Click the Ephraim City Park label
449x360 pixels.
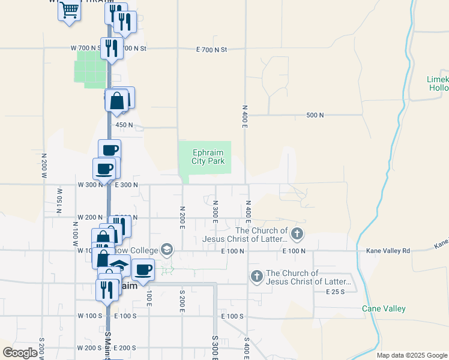pyautogui.click(x=208, y=157)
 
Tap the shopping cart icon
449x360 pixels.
pyautogui.click(x=70, y=10)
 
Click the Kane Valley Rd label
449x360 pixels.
pyautogui.click(x=389, y=250)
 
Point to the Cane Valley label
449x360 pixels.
pyautogui.click(x=384, y=308)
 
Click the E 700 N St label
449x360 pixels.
pyautogui.click(x=212, y=50)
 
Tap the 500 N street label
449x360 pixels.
pyautogui.click(x=315, y=115)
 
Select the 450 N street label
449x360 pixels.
pyautogui.click(x=124, y=125)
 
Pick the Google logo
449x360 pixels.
pyautogui.click(x=20, y=353)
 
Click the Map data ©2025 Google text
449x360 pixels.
pyautogui.click(x=411, y=355)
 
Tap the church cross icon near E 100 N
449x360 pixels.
pyautogui.click(x=297, y=232)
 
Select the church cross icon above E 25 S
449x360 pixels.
pyautogui.click(x=256, y=276)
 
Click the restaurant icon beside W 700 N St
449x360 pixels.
pyautogui.click(x=112, y=48)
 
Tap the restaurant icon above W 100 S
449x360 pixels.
pyautogui.click(x=107, y=289)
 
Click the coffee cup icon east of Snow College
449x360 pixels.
pyautogui.click(x=143, y=269)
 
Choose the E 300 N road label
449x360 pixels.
pyautogui.click(x=126, y=185)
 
